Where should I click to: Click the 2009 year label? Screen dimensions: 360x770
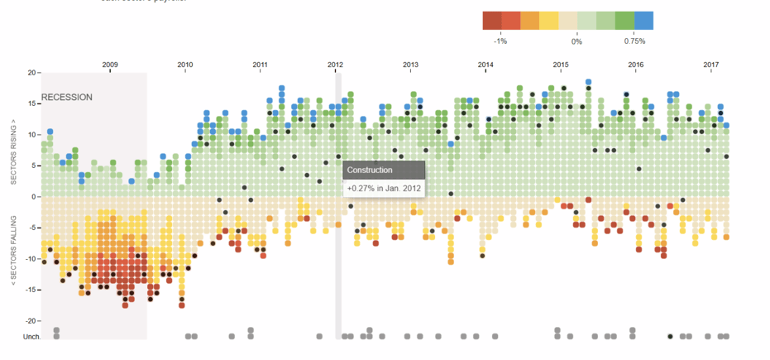pyautogui.click(x=109, y=64)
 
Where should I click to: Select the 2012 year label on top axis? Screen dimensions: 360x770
pyautogui.click(x=335, y=64)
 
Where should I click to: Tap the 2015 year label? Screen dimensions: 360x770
pyautogui.click(x=561, y=64)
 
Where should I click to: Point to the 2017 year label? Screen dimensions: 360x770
pyautogui.click(x=711, y=64)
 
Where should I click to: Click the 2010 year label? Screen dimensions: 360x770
pyautogui.click(x=184, y=64)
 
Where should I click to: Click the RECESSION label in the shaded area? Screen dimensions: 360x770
pyautogui.click(x=67, y=97)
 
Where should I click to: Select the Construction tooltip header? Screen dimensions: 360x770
pyautogui.click(x=370, y=170)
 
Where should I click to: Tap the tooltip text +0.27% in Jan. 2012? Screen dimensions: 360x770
pyautogui.click(x=384, y=188)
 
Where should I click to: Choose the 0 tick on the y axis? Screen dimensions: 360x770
pyautogui.click(x=34, y=197)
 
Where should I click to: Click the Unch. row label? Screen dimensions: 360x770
pyautogui.click(x=31, y=337)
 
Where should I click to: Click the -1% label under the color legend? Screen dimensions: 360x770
pyautogui.click(x=500, y=40)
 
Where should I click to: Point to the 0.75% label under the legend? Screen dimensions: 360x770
pyautogui.click(x=634, y=40)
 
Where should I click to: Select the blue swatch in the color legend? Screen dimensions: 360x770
pyautogui.click(x=644, y=21)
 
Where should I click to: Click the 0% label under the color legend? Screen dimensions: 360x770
pyautogui.click(x=576, y=40)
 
